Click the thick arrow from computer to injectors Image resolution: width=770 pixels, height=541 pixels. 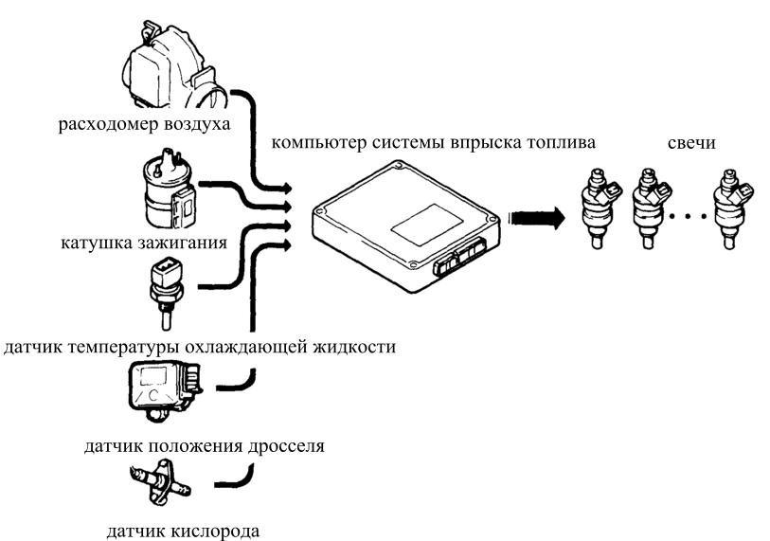pyautogui.click(x=536, y=218)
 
